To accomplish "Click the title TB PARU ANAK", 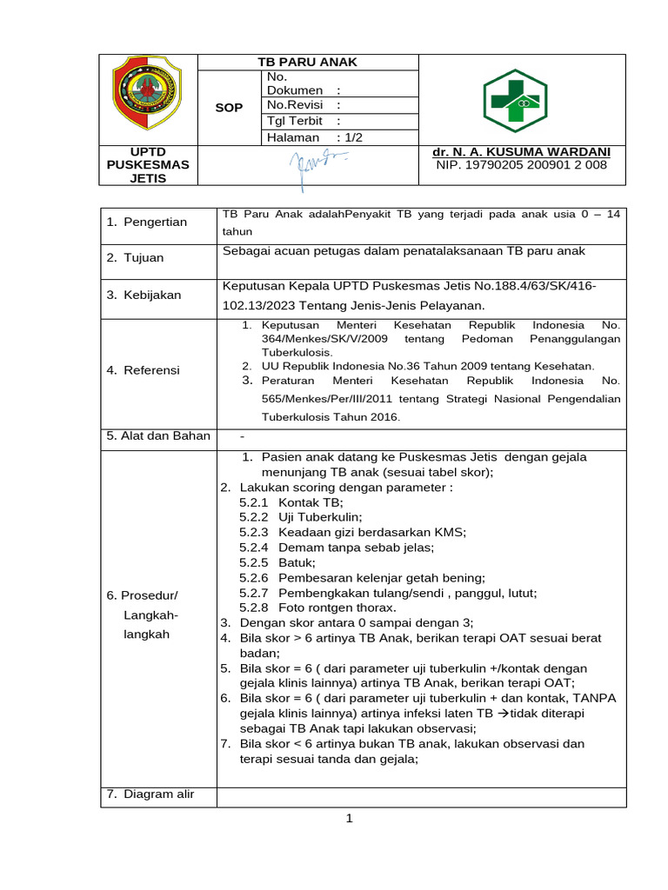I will tap(307, 63).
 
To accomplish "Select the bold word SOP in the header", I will tap(230, 108).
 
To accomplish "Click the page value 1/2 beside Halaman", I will tap(354, 137).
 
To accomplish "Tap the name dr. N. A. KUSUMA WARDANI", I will tap(521, 151).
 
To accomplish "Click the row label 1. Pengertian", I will tap(147, 222).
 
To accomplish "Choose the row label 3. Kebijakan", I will tap(144, 295).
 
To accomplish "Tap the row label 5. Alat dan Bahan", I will tap(158, 435).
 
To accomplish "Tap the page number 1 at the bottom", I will tap(348, 820).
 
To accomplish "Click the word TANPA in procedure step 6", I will tap(598, 698).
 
